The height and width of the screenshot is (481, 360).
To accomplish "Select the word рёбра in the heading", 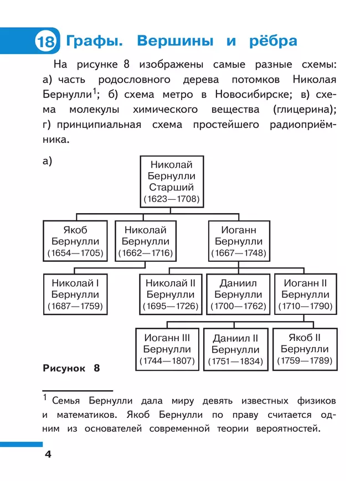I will (x=269, y=42).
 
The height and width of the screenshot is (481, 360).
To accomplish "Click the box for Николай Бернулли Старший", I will (x=171, y=180).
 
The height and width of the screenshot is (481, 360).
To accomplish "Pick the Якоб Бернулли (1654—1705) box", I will (x=75, y=241).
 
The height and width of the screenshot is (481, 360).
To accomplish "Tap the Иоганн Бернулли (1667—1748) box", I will (x=238, y=241).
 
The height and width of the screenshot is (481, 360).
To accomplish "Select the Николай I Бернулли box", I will (x=75, y=294).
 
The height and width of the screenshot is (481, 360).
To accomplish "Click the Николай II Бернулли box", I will (x=170, y=294).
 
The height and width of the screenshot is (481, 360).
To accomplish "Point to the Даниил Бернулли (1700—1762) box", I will (x=238, y=294).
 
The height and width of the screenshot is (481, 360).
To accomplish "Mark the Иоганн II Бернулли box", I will (x=305, y=294).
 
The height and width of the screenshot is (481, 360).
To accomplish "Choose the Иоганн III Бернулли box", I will (x=167, y=349).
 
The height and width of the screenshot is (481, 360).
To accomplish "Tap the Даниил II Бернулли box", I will (x=235, y=349).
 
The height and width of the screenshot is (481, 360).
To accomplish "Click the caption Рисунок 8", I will (x=70, y=368).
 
